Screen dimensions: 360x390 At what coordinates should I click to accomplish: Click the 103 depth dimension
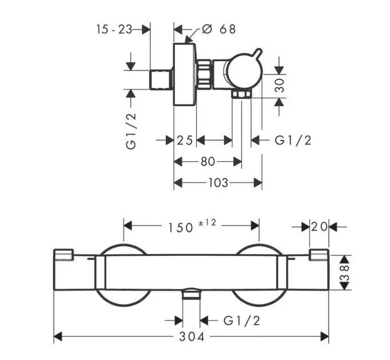(218, 183)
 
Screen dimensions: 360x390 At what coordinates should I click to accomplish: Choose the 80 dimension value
(208, 162)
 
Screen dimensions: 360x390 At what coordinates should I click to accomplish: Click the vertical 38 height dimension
(343, 272)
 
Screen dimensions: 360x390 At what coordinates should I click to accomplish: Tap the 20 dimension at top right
(320, 227)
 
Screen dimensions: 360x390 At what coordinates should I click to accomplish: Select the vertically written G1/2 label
(132, 131)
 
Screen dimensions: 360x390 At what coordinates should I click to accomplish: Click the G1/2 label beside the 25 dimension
(293, 141)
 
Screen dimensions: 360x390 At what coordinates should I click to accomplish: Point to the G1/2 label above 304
(241, 321)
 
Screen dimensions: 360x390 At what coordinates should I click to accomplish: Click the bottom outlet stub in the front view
(191, 295)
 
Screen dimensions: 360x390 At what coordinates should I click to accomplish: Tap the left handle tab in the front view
(64, 255)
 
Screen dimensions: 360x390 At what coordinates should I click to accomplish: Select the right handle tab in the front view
(318, 255)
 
